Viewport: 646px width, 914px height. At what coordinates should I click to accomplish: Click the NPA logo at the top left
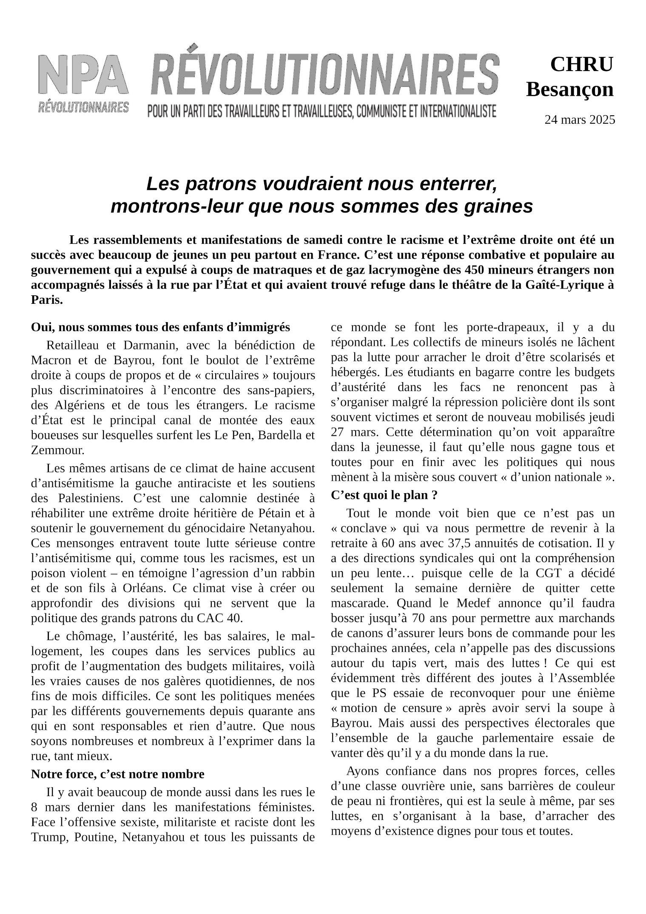(83, 83)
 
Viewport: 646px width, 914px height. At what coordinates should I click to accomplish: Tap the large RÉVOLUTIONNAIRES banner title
(324, 74)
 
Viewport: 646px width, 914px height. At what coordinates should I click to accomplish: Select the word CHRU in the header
(582, 65)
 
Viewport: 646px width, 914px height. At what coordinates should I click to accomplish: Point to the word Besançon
(570, 90)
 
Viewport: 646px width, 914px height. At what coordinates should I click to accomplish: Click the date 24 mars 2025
(580, 120)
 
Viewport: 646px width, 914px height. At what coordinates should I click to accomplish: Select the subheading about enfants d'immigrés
(160, 328)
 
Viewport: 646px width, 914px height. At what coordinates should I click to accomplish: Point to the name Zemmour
(58, 450)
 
